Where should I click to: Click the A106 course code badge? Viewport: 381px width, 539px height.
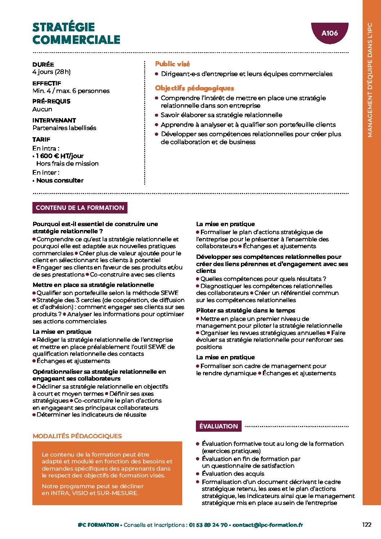[x=330, y=33]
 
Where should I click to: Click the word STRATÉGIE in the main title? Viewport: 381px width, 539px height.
[x=64, y=27]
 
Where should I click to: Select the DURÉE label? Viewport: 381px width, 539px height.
[x=43, y=64]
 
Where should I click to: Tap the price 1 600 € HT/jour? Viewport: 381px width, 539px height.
[x=60, y=156]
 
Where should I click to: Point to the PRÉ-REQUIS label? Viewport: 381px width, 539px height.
[x=51, y=101]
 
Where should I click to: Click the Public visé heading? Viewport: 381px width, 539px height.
[x=172, y=64]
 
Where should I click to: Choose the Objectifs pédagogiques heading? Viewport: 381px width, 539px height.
[x=194, y=88]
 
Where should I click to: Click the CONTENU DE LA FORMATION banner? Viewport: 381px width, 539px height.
[x=80, y=208]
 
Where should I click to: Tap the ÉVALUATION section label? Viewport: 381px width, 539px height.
[x=219, y=426]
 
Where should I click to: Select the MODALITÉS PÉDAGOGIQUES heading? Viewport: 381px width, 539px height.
[x=77, y=436]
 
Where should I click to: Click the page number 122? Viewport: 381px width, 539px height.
[x=367, y=525]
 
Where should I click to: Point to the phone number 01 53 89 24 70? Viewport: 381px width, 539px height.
[x=208, y=525]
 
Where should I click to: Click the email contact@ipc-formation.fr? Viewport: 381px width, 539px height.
[x=268, y=525]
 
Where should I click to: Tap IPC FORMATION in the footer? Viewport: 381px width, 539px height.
[x=98, y=525]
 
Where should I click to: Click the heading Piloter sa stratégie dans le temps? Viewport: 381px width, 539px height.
[x=246, y=310]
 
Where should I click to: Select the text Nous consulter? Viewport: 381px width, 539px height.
[x=60, y=180]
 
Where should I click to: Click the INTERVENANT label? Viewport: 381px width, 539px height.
[x=54, y=120]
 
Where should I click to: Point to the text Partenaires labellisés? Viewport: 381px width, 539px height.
[x=64, y=128]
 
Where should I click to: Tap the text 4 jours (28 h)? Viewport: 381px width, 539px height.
[x=51, y=72]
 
